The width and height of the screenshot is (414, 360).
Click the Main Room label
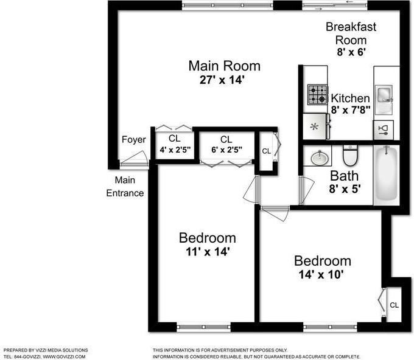point(224,66)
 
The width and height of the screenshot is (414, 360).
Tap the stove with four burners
point(317,95)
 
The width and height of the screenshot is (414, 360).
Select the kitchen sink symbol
point(385,94)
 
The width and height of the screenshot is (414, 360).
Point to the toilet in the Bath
point(349,156)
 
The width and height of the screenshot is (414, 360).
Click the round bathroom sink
point(318,158)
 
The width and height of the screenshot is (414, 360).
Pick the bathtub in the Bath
point(386,175)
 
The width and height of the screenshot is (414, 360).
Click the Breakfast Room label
point(351,33)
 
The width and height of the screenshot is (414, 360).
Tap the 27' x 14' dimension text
point(224,80)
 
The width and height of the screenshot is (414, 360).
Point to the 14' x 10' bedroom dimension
point(322,274)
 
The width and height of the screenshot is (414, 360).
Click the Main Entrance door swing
point(133,161)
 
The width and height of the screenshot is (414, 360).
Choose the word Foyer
point(134,140)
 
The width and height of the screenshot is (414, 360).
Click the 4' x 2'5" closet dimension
point(175,150)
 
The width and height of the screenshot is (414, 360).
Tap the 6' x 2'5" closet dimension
point(226,150)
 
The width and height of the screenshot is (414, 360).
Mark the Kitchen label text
point(350,98)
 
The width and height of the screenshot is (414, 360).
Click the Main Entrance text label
point(125,187)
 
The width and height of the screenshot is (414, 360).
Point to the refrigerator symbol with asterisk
point(315,127)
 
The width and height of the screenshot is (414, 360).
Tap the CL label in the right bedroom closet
point(394,305)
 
